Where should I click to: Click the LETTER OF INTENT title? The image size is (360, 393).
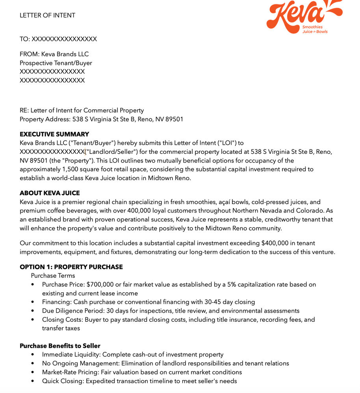tap(47, 15)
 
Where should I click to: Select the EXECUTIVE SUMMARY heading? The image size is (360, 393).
tap(54, 134)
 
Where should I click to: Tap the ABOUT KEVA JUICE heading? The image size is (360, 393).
tap(50, 193)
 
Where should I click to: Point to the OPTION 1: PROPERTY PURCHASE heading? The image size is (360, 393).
tap(71, 267)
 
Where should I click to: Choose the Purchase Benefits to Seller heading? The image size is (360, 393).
tap(60, 346)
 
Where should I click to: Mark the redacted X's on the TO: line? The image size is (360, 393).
tap(64, 39)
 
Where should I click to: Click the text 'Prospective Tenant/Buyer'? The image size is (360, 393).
tap(56, 63)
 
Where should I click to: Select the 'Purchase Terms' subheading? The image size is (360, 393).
tap(53, 276)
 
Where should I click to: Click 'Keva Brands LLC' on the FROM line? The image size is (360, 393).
tap(65, 54)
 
